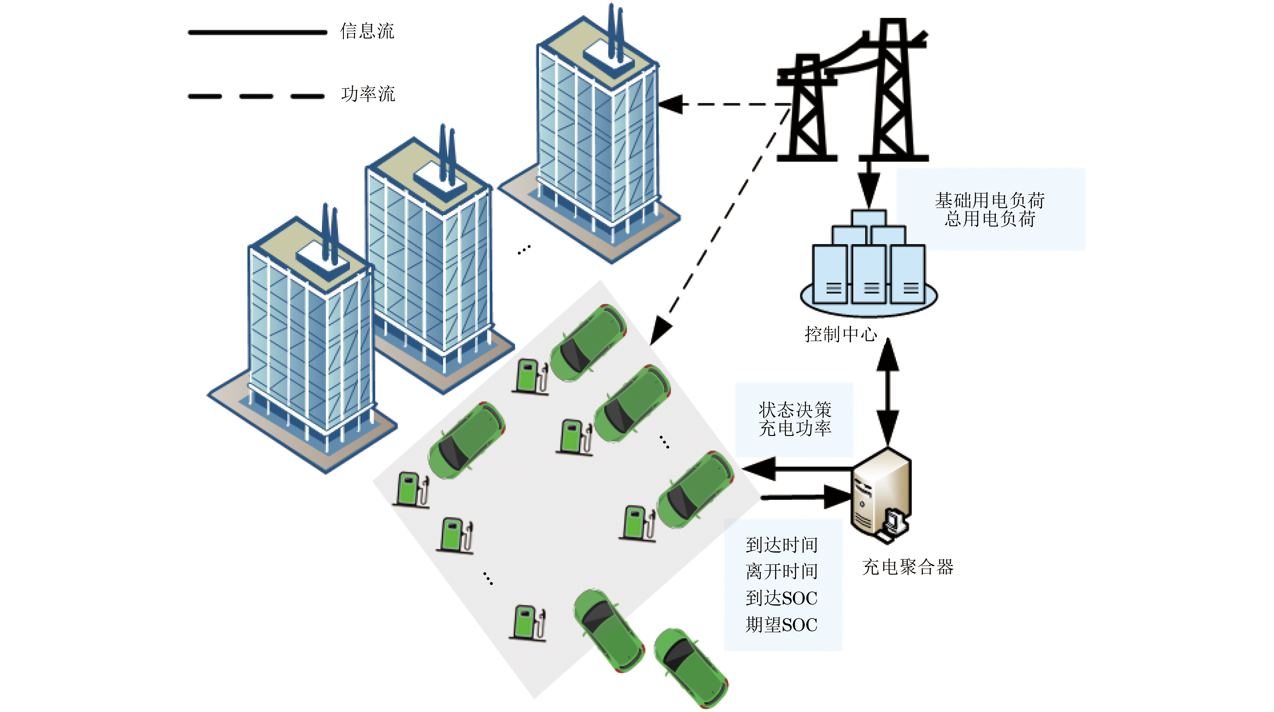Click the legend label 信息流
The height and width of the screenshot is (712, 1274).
pyautogui.click(x=367, y=31)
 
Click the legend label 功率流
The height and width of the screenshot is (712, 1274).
pyautogui.click(x=368, y=94)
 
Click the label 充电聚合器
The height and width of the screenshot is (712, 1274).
pyautogui.click(x=908, y=567)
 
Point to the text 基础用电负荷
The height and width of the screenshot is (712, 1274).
pyautogui.click(x=990, y=201)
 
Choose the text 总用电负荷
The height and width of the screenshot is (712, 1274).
pyautogui.click(x=990, y=219)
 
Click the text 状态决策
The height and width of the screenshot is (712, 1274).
pyautogui.click(x=795, y=410)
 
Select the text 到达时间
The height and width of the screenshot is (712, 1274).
pyautogui.click(x=781, y=545)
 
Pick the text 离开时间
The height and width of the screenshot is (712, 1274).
pyautogui.click(x=781, y=571)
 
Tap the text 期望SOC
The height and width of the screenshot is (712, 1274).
pyautogui.click(x=781, y=625)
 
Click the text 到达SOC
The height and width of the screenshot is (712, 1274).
pyautogui.click(x=781, y=598)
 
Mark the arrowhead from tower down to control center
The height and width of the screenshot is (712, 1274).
pyautogui.click(x=869, y=190)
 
